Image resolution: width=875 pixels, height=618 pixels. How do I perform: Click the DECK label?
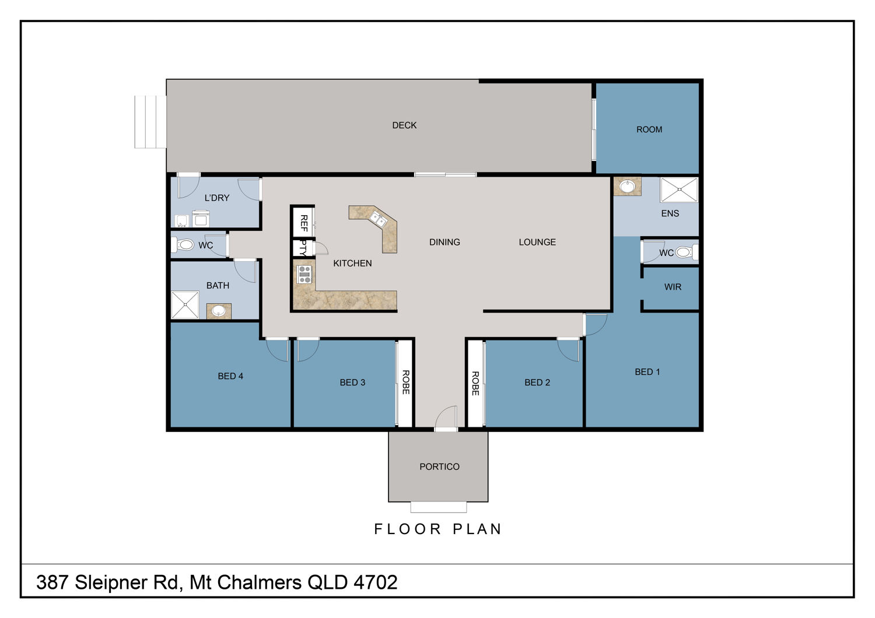click(x=404, y=125)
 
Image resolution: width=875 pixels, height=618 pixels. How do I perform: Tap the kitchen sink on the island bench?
click(x=378, y=219)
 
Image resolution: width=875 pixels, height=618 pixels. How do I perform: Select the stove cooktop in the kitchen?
click(x=304, y=274)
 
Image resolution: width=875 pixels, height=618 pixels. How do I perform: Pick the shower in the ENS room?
click(x=679, y=189)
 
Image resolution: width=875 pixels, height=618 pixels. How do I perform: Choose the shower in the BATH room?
click(x=185, y=304)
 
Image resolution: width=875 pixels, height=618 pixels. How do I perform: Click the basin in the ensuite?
click(x=627, y=186)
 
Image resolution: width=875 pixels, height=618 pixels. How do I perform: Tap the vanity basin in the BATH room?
click(x=218, y=311)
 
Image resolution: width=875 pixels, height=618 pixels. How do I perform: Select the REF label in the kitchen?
click(x=304, y=223)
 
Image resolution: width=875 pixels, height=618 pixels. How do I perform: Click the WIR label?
click(x=673, y=287)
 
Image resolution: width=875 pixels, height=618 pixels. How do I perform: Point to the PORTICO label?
click(x=439, y=466)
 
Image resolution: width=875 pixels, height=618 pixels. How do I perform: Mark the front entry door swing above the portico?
click(x=446, y=417)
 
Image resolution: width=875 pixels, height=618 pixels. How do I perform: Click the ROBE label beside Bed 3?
click(x=406, y=382)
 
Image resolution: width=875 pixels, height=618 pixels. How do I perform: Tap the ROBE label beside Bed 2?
click(x=475, y=383)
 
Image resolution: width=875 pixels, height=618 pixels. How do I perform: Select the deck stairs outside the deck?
click(x=150, y=122)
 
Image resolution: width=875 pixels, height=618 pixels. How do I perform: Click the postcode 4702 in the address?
click(x=376, y=582)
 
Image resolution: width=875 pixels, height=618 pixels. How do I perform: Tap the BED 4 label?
click(x=230, y=376)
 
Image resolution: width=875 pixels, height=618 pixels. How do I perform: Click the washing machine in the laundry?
click(x=201, y=219)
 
